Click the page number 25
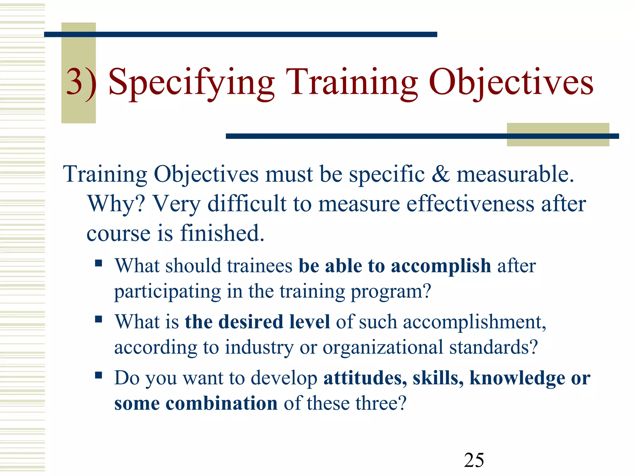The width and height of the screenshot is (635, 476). (474, 460)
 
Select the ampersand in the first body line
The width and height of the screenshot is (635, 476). (440, 174)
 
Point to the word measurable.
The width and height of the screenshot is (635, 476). (515, 174)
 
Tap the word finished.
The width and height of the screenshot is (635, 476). (222, 233)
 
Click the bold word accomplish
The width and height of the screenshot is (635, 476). (441, 266)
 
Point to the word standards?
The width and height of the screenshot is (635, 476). (493, 347)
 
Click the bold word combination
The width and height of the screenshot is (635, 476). (221, 403)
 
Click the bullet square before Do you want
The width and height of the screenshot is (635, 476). (99, 376)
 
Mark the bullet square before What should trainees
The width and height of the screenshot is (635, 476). (99, 263)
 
